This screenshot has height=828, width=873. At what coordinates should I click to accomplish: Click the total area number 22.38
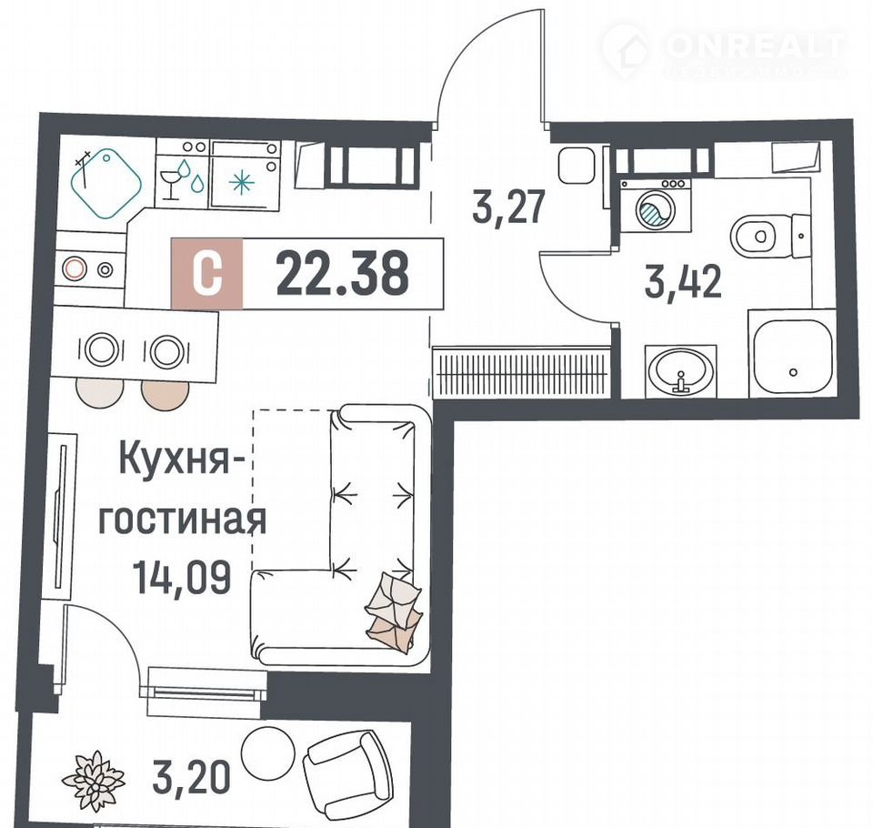[343, 273]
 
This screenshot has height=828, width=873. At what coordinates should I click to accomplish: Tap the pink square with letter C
[207, 273]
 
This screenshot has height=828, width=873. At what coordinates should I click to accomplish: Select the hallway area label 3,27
[507, 207]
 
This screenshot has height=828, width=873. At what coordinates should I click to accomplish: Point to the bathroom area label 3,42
[683, 281]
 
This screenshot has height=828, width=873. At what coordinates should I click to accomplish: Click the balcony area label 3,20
[191, 778]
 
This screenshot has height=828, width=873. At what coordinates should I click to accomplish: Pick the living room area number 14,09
[182, 578]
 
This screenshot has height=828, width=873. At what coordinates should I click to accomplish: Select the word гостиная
[182, 520]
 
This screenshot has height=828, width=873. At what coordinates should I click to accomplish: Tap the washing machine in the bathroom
[656, 205]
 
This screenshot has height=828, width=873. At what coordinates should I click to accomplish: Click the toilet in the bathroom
[769, 237]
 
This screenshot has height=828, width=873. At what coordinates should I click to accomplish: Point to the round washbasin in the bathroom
[680, 370]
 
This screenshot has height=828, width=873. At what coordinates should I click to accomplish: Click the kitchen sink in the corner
[105, 183]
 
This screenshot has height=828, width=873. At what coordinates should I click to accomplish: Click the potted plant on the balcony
[93, 780]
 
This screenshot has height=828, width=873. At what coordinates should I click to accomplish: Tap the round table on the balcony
[267, 752]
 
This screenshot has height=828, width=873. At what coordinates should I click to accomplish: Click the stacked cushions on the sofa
[393, 609]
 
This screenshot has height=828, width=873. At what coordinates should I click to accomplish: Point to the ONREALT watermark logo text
[756, 46]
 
